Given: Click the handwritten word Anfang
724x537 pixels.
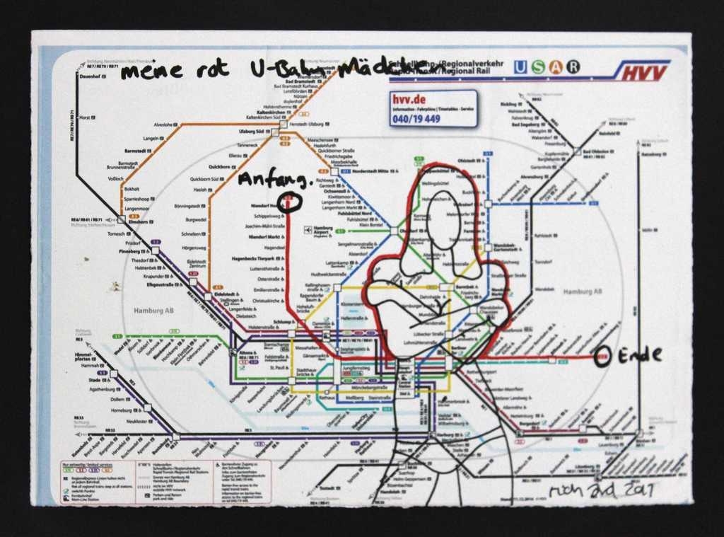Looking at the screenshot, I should [274, 180].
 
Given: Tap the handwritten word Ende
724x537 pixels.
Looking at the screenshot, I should [640, 355].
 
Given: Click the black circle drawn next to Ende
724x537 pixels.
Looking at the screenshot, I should [602, 357].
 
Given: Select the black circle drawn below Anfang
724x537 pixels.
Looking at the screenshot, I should [290, 202].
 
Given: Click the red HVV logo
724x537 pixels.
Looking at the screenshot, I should [641, 71].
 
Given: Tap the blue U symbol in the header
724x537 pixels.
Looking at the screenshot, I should [520, 67].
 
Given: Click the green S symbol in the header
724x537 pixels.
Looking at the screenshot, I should [538, 67].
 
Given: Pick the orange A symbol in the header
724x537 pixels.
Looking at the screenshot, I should [556, 67].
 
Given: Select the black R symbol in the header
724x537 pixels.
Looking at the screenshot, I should [573, 67].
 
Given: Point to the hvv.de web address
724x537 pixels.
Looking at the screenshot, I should [406, 100].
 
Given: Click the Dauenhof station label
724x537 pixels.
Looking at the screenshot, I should [90, 76].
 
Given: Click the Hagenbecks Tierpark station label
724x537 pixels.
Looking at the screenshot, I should [257, 258].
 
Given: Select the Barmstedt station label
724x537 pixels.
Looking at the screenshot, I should [137, 151].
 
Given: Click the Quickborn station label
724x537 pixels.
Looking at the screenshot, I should [220, 167].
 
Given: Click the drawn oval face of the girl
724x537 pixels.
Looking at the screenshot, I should [444, 219].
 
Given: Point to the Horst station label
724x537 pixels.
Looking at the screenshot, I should [84, 117].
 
